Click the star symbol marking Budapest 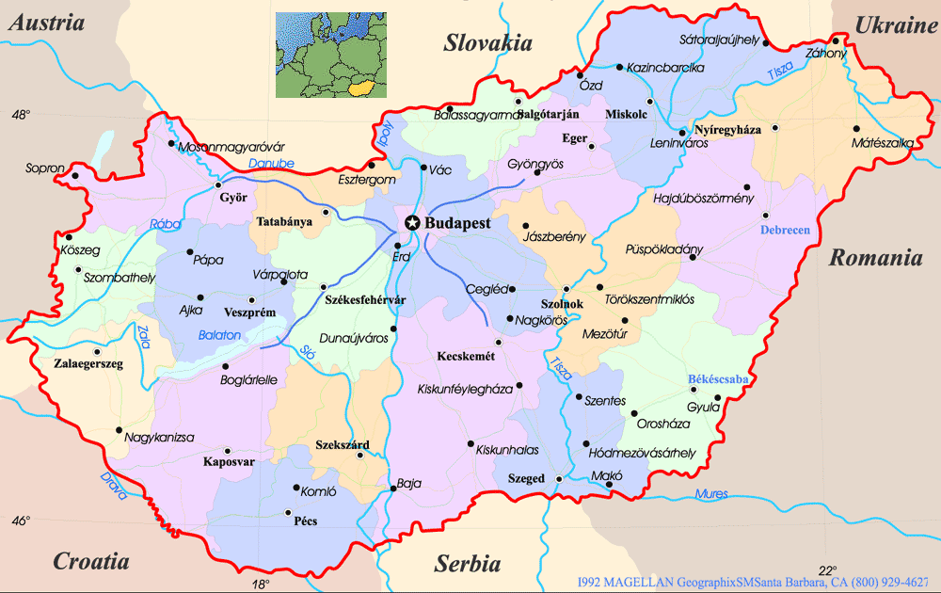click(x=411, y=223)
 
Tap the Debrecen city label click(x=784, y=231)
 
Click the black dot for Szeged click(x=559, y=479)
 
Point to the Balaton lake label click(x=219, y=335)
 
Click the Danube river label click(x=271, y=163)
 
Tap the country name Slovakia click(x=487, y=42)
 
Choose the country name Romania click(x=874, y=258)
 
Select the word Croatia click(x=90, y=562)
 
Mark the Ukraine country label click(x=895, y=25)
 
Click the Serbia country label click(x=467, y=564)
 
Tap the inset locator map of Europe click(x=330, y=55)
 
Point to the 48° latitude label click(x=21, y=115)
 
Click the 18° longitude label click(x=261, y=584)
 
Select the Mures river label click(x=710, y=494)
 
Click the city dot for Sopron click(x=74, y=175)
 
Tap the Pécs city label click(x=306, y=521)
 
